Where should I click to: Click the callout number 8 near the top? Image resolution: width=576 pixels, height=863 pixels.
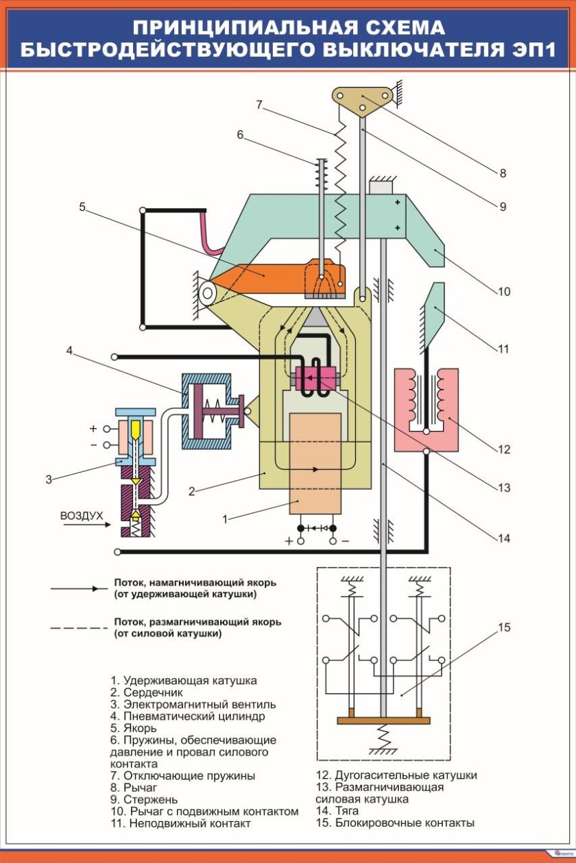503,173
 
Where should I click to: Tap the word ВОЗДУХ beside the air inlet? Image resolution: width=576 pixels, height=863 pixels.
82,515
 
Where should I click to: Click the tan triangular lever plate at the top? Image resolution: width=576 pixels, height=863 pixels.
363,98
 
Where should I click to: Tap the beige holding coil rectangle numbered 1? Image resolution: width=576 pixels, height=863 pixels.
315,466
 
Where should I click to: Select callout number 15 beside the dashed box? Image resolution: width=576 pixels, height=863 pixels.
505,627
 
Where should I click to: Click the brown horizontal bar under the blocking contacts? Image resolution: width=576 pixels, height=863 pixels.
383,720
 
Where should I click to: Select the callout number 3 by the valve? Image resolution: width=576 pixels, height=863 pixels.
49,479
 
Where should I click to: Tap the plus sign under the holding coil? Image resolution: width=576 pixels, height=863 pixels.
289,541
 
